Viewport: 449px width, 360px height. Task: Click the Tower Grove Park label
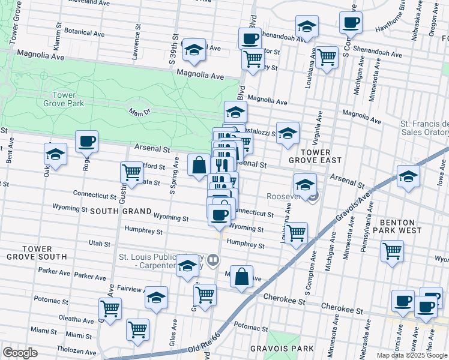point(64,99)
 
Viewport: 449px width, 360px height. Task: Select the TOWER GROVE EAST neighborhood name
point(315,156)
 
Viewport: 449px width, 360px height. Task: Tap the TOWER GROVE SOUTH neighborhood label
point(36,252)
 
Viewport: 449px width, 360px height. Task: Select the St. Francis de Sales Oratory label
point(424,128)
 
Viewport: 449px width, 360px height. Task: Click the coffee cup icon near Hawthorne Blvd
point(351,23)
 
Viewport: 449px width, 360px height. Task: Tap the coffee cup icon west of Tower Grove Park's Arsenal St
point(86,142)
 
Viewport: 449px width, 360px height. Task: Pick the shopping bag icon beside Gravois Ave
point(241,277)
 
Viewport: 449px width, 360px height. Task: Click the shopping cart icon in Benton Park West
point(392,251)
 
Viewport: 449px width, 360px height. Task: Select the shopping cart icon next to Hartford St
point(131,172)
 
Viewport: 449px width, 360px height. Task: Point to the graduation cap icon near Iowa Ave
point(408,177)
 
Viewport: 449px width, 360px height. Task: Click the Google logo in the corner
point(20,353)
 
